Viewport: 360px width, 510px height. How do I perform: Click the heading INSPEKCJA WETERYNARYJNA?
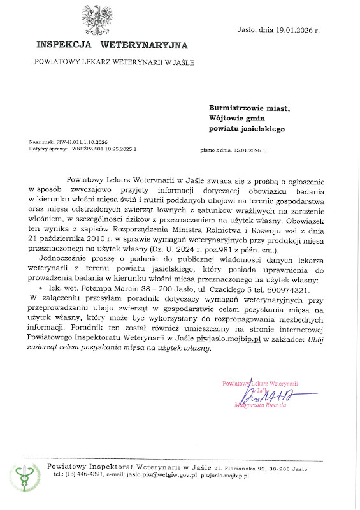pos(112,45)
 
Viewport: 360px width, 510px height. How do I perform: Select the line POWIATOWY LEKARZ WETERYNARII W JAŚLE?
pos(114,62)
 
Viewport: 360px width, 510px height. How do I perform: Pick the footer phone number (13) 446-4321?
pos(82,476)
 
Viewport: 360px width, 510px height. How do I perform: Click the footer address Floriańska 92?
pos(254,468)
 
